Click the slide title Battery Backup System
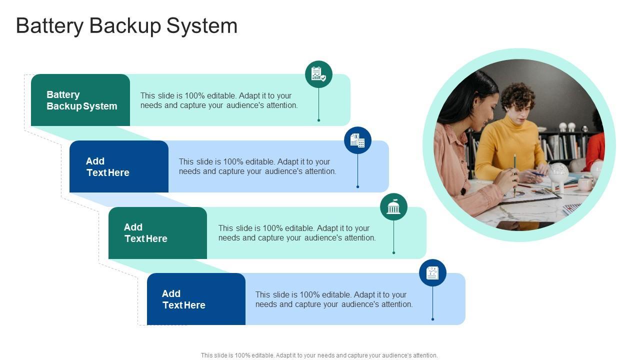tap(126, 26)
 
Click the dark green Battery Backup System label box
tap(80, 100)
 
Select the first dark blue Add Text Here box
tap(119, 166)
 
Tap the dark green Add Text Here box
tap(157, 233)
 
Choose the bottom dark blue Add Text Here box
tap(196, 299)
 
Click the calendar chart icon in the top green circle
tap(318, 74)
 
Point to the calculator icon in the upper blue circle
tap(357, 140)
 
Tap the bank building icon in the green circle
tap(393, 207)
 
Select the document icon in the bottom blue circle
tap(432, 273)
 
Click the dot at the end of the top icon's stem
tap(318, 120)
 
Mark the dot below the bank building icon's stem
tap(393, 253)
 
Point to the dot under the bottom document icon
tap(432, 319)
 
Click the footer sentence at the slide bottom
tap(319, 355)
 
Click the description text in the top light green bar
tap(219, 100)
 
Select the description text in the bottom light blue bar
tap(334, 299)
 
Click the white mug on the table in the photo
tap(584, 184)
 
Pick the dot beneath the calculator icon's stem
tap(357, 186)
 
